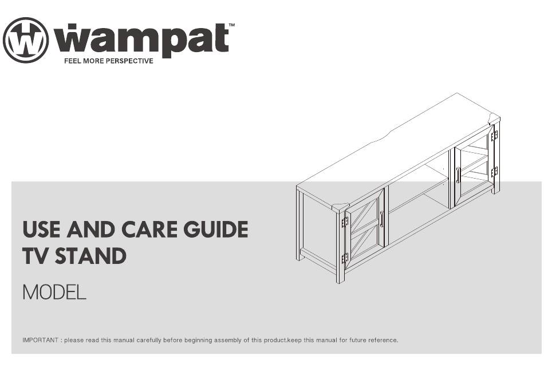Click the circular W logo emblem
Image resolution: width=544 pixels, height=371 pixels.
(26, 40)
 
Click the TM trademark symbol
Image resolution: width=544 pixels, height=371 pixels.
(232, 25)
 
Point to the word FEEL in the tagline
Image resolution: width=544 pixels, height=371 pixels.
(73, 61)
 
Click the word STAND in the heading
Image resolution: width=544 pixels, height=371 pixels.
(90, 256)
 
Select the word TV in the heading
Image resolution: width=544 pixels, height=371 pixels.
(36, 256)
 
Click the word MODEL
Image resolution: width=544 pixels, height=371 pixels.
(54, 293)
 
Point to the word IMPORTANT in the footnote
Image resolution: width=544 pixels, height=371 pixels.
(40, 340)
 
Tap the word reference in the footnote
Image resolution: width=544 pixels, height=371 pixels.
(383, 340)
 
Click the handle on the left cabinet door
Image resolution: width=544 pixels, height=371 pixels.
(381, 219)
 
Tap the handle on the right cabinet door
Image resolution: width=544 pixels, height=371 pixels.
(458, 175)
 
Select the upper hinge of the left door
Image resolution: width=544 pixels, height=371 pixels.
(345, 222)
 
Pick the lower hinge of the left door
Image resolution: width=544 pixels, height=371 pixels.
(345, 258)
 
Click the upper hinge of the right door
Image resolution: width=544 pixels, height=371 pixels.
(494, 136)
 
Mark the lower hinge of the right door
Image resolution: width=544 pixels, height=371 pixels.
(494, 172)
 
